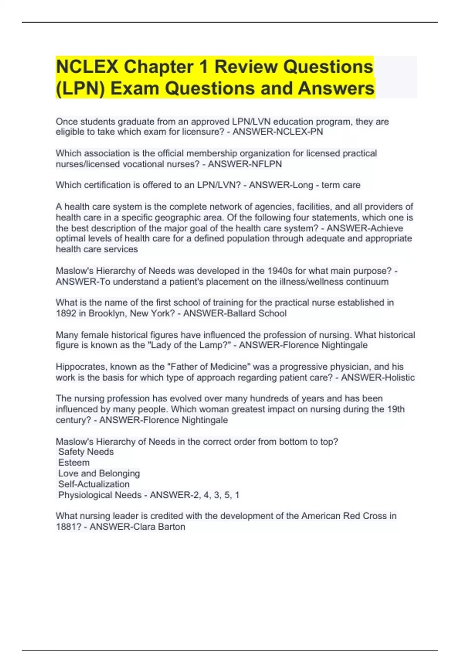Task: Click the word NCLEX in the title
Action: pos(87,67)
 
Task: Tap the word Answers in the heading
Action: pos(336,88)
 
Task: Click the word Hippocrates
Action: pos(80,366)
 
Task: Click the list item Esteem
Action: pos(74,463)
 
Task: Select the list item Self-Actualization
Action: pos(94,484)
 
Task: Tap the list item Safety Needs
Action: pos(86,452)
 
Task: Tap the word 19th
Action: pos(396,409)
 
